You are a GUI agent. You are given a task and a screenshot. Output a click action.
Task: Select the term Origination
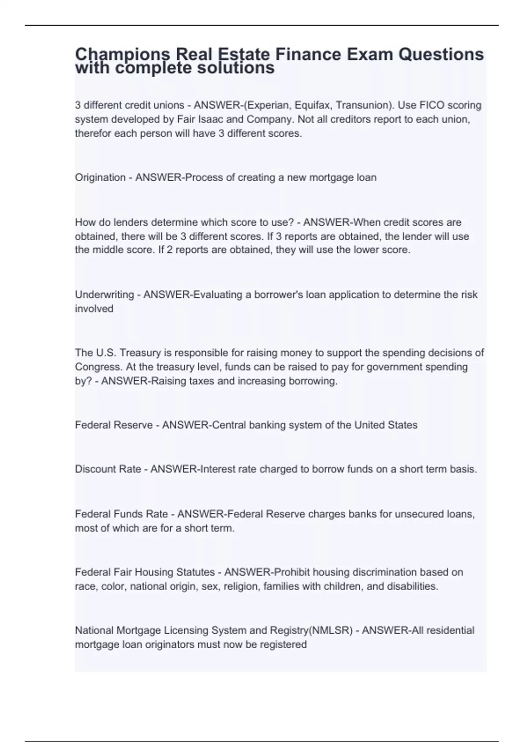(x=100, y=177)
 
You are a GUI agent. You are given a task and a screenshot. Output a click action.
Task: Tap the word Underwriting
(x=104, y=295)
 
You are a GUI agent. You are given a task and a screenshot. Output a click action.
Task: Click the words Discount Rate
(x=108, y=469)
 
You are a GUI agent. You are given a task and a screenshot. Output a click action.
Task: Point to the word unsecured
(x=419, y=514)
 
